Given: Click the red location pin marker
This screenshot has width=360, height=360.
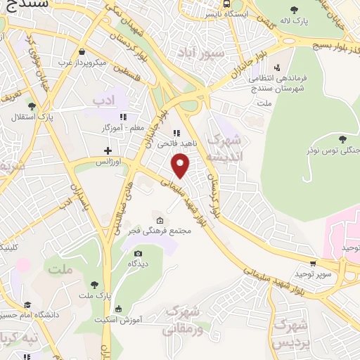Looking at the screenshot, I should pos(181,165).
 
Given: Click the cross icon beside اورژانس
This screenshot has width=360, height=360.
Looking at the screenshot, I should pos(108,150).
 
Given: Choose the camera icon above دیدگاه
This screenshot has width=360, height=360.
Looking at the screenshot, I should pos(138,253).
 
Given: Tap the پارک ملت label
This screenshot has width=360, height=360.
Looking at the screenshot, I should pos(94,295).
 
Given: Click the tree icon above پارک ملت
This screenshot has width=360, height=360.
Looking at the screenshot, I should pos(94,284).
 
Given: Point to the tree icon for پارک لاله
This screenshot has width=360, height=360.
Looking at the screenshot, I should pos(294,10).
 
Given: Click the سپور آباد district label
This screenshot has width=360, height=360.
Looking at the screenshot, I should pos(212,53).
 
